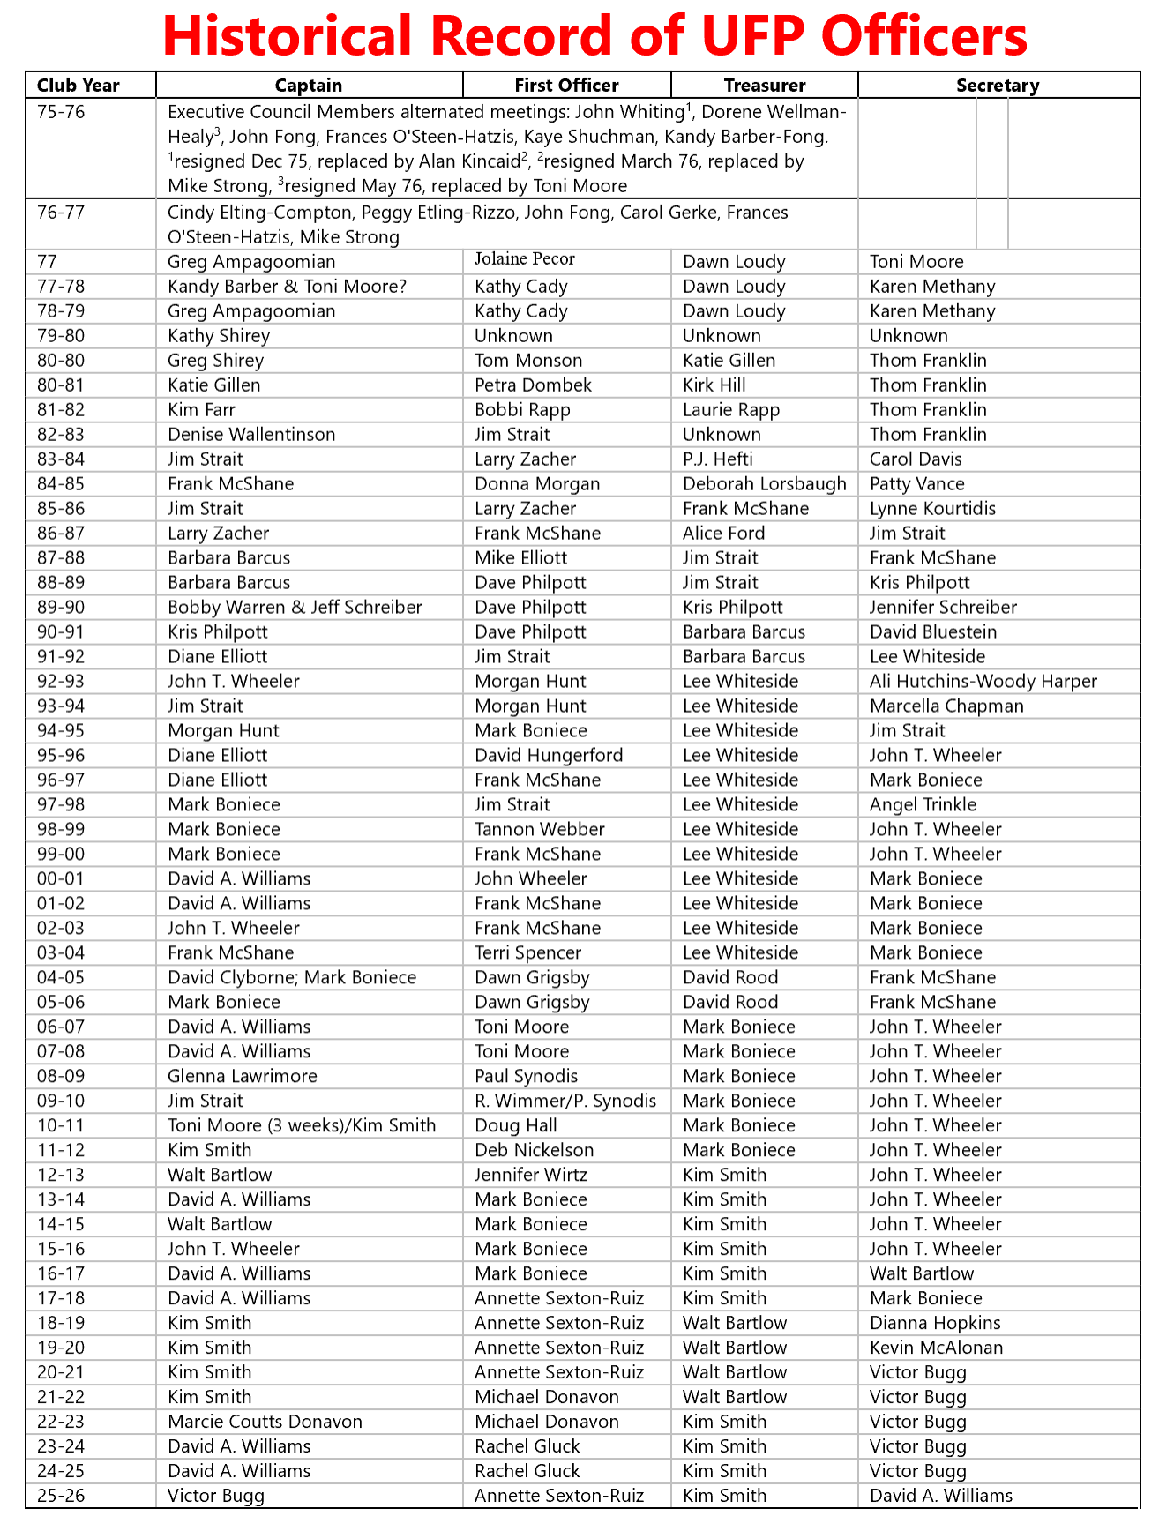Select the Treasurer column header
764,86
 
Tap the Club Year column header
78,86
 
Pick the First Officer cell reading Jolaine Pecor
524,259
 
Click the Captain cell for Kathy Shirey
218,336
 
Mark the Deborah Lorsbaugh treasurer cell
764,484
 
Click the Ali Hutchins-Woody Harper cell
983,682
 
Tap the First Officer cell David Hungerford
548,756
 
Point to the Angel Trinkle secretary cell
923,805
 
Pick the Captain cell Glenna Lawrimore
242,1077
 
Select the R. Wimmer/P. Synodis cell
565,1102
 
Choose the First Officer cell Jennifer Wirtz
530,1176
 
